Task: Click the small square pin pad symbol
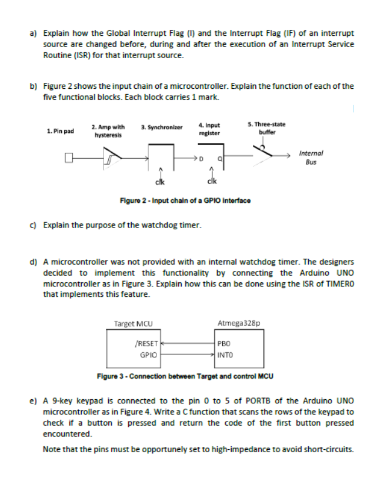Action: (69, 157)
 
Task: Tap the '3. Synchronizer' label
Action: (162, 126)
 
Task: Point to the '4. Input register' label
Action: (210, 129)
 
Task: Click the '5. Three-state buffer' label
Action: (267, 128)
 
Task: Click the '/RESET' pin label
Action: (146, 343)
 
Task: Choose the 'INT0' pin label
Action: (224, 355)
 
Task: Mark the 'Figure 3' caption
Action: (185, 375)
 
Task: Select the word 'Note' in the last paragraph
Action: (51, 449)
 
